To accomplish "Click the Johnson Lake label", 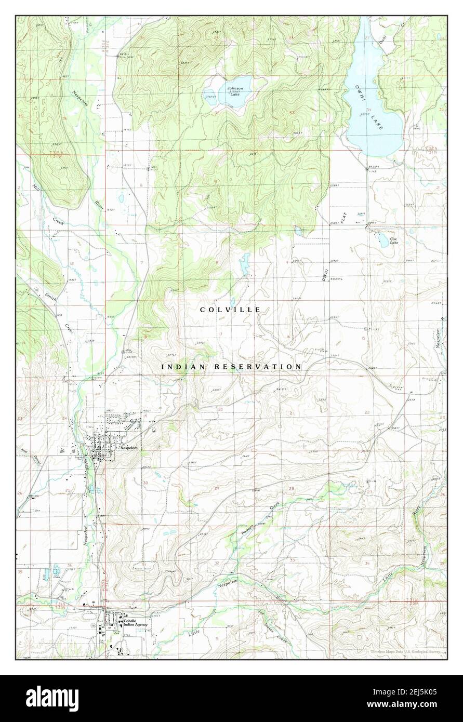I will point(235,91).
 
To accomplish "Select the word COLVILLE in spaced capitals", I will point(230,310).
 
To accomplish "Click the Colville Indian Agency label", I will point(137,623).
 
